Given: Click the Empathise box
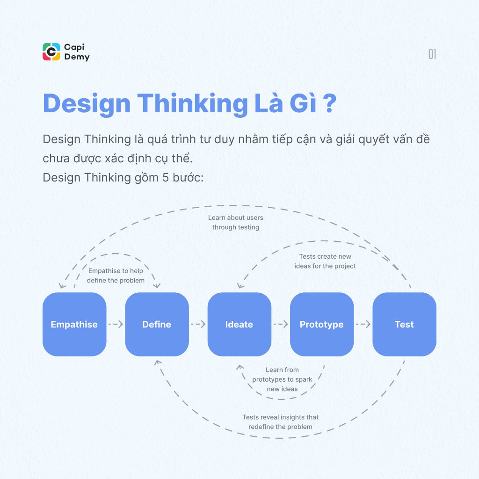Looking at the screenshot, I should pyautogui.click(x=74, y=324).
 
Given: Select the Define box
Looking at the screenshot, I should pyautogui.click(x=157, y=324).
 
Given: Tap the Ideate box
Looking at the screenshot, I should pyautogui.click(x=239, y=324).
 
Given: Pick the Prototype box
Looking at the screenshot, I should pyautogui.click(x=322, y=324).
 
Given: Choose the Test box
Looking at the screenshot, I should pyautogui.click(x=404, y=324).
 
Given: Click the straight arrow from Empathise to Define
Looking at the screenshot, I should pyautogui.click(x=116, y=324).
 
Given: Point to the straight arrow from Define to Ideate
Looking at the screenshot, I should pyautogui.click(x=198, y=324).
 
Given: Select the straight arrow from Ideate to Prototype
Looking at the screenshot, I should pyautogui.click(x=281, y=324).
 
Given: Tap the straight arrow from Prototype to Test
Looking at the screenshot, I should pyautogui.click(x=363, y=324).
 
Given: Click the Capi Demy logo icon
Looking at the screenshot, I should pyautogui.click(x=51, y=52).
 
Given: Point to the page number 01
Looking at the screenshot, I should pyautogui.click(x=432, y=54).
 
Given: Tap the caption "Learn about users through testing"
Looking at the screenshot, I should pyautogui.click(x=236, y=223).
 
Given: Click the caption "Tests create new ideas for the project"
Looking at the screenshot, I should pyautogui.click(x=325, y=261).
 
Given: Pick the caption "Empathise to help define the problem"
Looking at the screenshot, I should pyautogui.click(x=116, y=276).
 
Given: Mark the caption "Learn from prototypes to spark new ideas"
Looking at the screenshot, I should pyautogui.click(x=282, y=379).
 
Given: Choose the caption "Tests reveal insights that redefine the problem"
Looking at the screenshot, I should pyautogui.click(x=280, y=422).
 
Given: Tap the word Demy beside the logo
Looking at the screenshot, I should pyautogui.click(x=77, y=57).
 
